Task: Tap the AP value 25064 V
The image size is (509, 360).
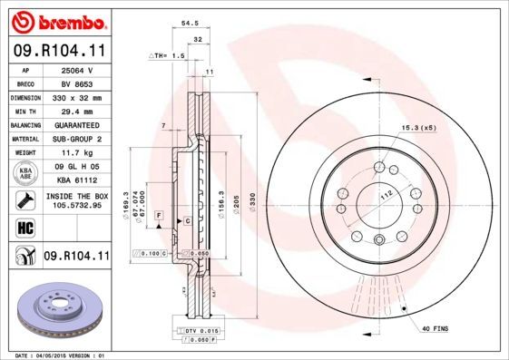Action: [75, 69]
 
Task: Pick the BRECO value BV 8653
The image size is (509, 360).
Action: [75, 83]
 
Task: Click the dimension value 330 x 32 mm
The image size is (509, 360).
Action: [75, 97]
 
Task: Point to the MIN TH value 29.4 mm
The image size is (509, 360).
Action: [75, 111]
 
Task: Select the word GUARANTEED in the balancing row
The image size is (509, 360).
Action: [75, 125]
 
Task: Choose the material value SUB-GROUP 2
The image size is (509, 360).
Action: [75, 139]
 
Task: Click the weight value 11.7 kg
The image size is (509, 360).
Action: [75, 153]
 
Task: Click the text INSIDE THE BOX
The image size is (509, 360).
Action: [75, 196]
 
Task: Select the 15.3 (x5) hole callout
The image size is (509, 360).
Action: [420, 129]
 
